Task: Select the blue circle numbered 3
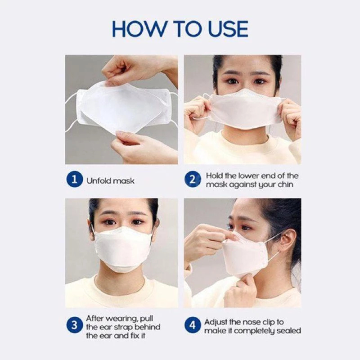coord(74,325)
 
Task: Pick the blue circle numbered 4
coord(193,325)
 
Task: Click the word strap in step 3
coord(123,327)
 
